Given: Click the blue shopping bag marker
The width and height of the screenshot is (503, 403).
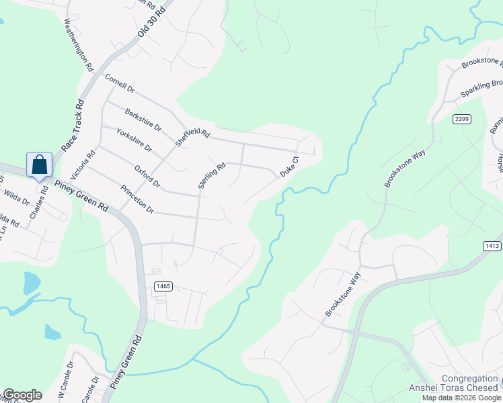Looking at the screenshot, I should (x=40, y=165).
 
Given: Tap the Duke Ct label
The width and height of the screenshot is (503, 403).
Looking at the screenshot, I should (x=288, y=166).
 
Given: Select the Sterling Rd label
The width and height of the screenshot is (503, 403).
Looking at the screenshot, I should (x=211, y=175).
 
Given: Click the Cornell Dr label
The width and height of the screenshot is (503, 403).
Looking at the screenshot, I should (x=120, y=83).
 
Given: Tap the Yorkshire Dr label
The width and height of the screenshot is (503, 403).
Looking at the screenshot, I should (x=134, y=140).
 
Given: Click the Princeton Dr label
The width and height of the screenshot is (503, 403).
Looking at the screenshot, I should (x=137, y=200).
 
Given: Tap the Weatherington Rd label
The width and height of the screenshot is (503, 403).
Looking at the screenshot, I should (x=78, y=44).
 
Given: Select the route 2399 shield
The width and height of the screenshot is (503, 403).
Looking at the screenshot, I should (x=461, y=119).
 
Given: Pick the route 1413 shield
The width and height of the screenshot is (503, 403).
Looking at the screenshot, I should (x=492, y=246).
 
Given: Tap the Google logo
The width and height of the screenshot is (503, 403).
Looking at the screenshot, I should (x=22, y=395).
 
